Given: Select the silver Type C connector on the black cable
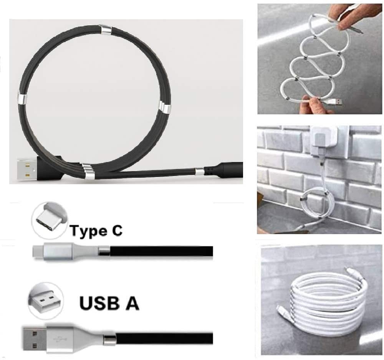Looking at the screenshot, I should pos(58,252).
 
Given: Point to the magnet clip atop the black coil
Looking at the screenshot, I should pos(105,29).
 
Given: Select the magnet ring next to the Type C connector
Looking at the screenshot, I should pos(104,252).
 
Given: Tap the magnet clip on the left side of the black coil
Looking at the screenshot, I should pos(22,99).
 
